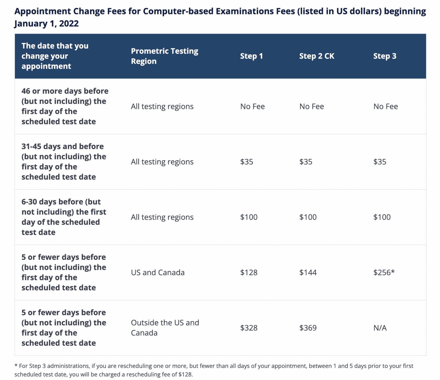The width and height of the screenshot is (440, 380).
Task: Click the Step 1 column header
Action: click(x=251, y=56)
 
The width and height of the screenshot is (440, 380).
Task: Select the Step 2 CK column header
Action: click(x=317, y=56)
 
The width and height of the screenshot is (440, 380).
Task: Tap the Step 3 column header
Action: click(x=384, y=56)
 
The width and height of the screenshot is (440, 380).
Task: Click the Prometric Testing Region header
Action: click(x=164, y=56)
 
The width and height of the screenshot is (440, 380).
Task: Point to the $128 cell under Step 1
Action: click(x=249, y=272)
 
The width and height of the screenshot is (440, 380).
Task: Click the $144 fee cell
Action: click(x=308, y=272)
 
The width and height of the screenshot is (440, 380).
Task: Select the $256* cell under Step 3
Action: click(x=384, y=272)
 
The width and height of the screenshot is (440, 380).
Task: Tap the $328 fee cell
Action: click(x=249, y=328)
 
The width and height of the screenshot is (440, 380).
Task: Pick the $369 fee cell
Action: click(x=308, y=328)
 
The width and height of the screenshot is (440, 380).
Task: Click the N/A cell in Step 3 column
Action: click(x=380, y=328)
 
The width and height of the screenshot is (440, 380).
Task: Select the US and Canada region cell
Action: click(x=158, y=272)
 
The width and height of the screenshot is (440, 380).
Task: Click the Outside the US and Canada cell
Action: click(x=165, y=328)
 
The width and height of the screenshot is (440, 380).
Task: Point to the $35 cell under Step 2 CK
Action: click(x=306, y=162)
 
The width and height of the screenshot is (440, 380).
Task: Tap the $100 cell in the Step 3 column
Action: click(x=382, y=217)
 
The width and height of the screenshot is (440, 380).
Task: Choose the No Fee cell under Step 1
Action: click(x=252, y=106)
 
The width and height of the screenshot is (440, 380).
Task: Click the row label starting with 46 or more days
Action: click(x=65, y=106)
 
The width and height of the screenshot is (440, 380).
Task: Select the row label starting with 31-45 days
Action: click(x=64, y=162)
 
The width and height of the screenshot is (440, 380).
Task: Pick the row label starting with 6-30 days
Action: click(x=64, y=217)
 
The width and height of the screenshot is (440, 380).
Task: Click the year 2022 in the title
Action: click(x=69, y=23)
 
